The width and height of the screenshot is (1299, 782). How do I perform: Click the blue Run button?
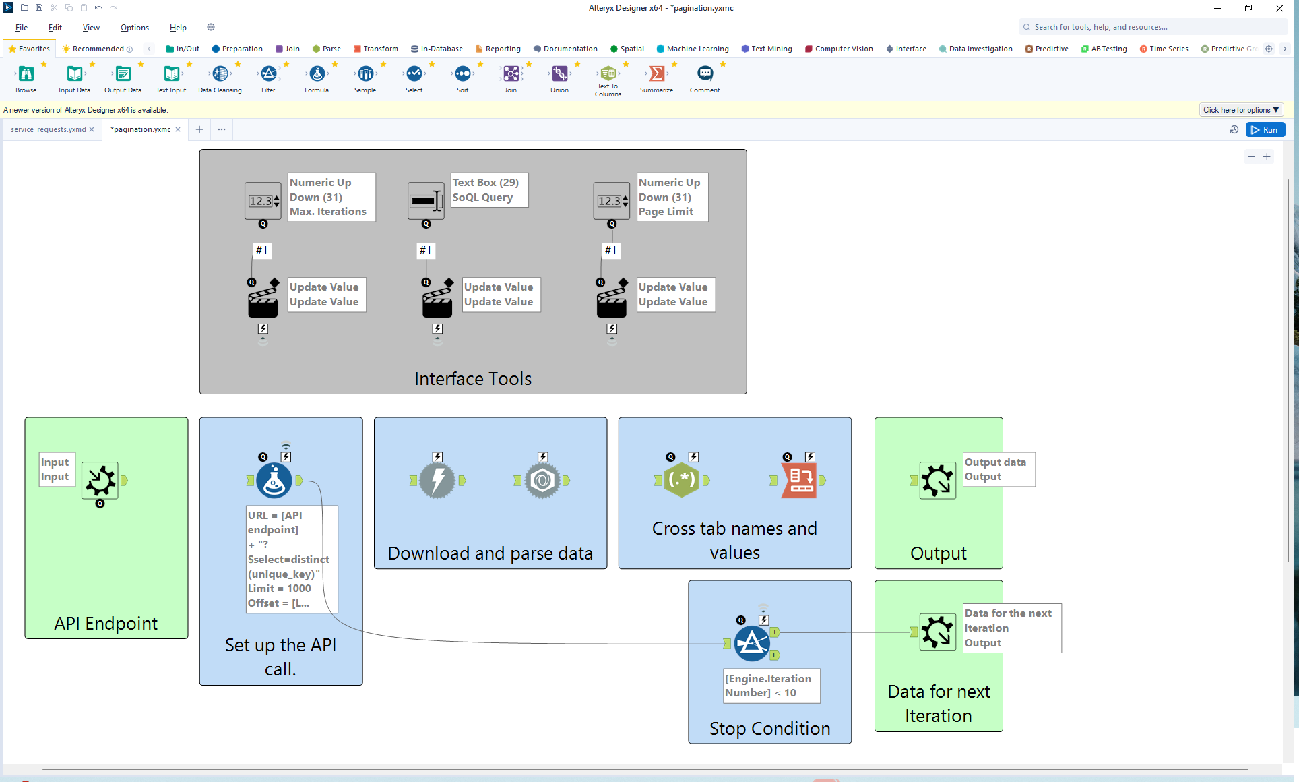point(1265,130)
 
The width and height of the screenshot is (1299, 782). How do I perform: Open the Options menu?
point(134,28)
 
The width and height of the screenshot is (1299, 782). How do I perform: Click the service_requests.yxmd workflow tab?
point(48,129)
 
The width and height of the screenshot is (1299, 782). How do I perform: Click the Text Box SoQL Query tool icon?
point(425,201)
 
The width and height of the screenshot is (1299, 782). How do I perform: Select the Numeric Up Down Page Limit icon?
point(611,201)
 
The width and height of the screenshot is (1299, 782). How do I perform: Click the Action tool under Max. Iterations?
point(263,300)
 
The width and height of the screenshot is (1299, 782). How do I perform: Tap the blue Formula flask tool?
point(274,481)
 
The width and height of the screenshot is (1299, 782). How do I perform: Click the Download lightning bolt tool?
point(437,481)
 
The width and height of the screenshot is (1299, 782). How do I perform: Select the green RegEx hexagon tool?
point(681,481)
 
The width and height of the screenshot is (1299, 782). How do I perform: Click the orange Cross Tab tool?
point(798,481)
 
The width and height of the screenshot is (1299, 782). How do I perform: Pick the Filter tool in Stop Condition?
point(752,643)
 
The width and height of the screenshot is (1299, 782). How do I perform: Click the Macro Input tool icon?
point(100,481)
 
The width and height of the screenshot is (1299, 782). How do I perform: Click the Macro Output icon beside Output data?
point(937,481)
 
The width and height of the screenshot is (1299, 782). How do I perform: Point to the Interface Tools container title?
point(473,379)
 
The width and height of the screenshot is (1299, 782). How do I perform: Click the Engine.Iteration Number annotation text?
point(771,686)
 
